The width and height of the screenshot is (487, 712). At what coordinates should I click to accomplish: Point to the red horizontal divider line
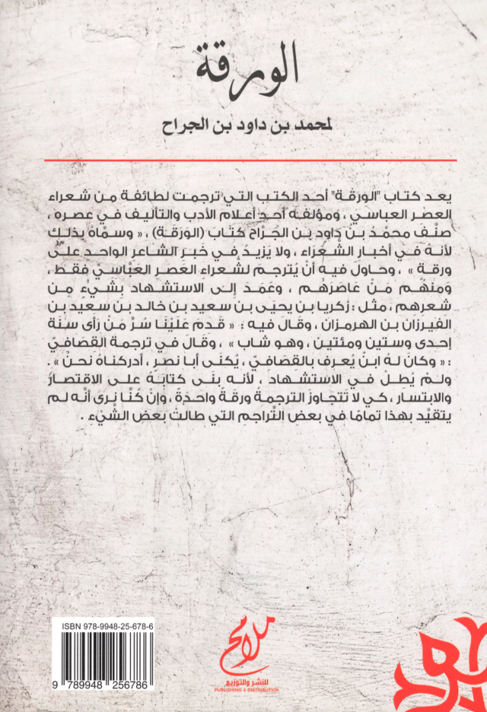click(250, 161)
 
